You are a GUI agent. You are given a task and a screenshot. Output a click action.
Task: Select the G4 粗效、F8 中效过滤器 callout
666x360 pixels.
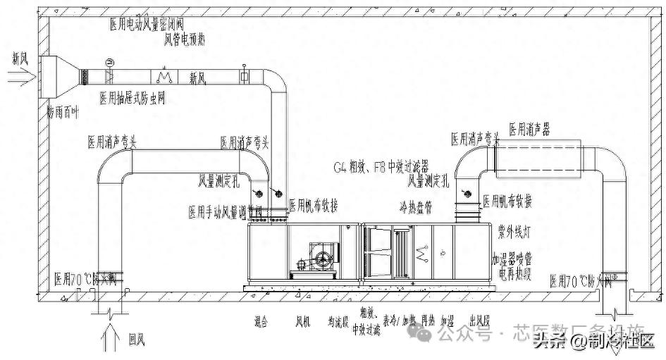pyautogui.click(x=381, y=168)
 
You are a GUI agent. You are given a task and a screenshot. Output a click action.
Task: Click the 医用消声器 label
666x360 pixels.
pyautogui.click(x=529, y=130)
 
